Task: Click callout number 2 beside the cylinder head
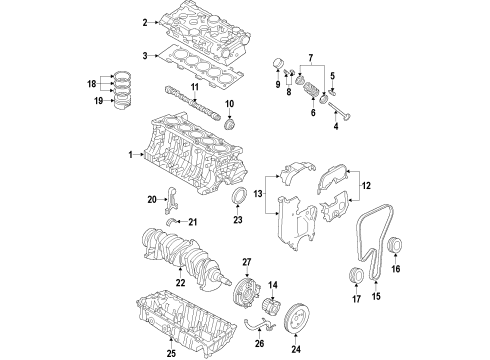click(145, 22)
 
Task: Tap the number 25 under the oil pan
click(169, 353)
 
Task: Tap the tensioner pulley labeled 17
click(355, 277)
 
